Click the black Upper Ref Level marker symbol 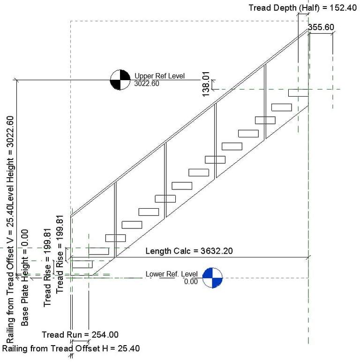click(x=120, y=80)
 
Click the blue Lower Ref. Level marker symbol click(x=212, y=277)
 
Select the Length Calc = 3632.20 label click(x=189, y=251)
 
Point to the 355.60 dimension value click(x=321, y=27)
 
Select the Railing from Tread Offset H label click(x=71, y=348)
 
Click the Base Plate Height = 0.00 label click(x=25, y=278)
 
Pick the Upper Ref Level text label click(x=159, y=76)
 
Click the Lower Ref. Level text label click(x=171, y=274)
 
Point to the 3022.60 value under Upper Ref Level click(x=146, y=84)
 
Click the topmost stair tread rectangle click(x=298, y=92)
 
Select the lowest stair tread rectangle click(x=82, y=264)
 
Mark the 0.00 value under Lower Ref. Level click(x=191, y=282)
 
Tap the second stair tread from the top click(x=281, y=107)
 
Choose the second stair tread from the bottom click(x=98, y=251)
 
